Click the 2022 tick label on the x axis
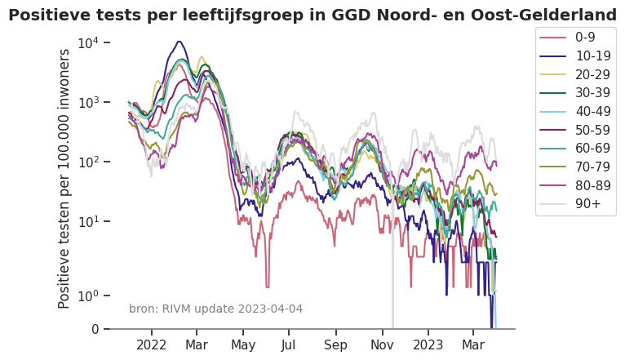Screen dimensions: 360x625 point(152,345)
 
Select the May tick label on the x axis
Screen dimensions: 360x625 point(243,345)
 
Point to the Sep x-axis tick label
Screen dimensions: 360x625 point(335,345)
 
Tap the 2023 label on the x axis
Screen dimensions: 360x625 point(428,345)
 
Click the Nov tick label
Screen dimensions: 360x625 point(382,345)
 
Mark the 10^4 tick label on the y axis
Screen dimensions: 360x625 point(89,42)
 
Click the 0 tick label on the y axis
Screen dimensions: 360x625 point(95,330)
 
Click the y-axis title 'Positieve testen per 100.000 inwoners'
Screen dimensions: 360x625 point(64,178)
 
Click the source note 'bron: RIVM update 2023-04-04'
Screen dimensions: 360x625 point(215,309)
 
